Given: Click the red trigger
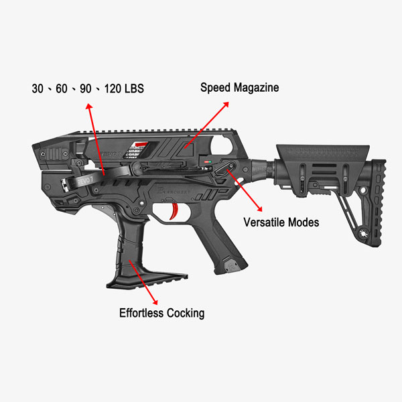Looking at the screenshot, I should [176, 212].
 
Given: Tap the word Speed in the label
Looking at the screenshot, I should [215, 88].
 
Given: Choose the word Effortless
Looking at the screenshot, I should [143, 312].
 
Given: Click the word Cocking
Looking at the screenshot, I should [186, 312].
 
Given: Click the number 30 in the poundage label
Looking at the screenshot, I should [38, 88].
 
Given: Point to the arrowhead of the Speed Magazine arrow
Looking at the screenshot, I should [226, 105].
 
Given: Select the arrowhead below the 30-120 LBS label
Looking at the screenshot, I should [86, 105].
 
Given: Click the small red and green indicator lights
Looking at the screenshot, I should [208, 161].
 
